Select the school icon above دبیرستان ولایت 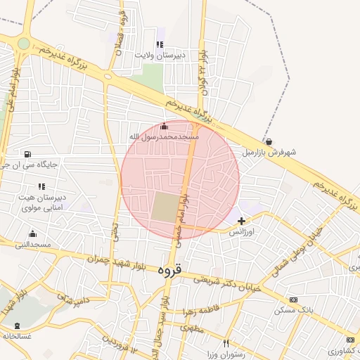tap(160, 45)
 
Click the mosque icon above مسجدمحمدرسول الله tap(165, 126)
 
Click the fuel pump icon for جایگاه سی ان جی tap(27, 154)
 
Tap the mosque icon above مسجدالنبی tap(32, 234)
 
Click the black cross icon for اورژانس tap(241, 221)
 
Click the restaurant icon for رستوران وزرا tap(225, 343)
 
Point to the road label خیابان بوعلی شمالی tap(295, 243)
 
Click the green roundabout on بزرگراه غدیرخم tap(24, 43)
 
